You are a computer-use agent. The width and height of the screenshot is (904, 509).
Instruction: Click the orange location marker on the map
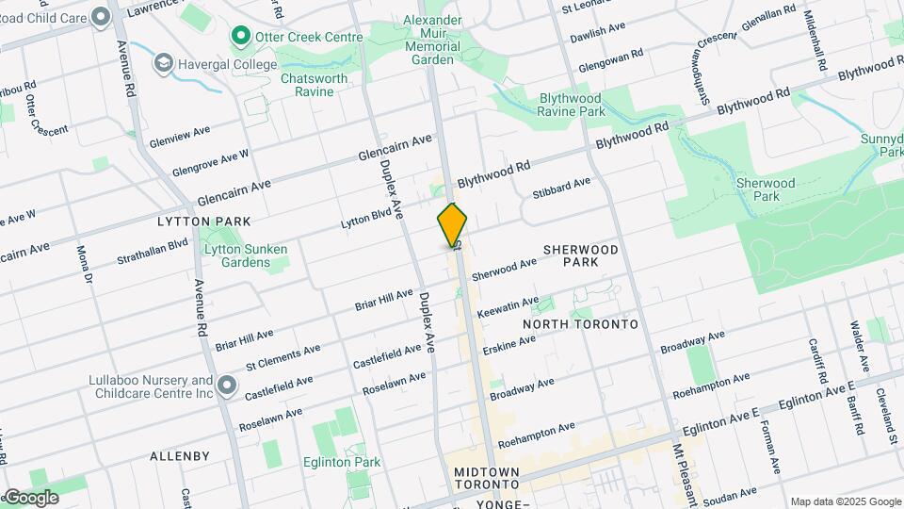pos(453,224)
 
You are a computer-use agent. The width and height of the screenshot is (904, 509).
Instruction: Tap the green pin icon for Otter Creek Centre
pos(240,38)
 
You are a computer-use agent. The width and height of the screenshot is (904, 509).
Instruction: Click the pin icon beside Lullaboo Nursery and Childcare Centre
pos(226,386)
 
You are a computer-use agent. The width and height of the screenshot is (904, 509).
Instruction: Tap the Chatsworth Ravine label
pos(314,85)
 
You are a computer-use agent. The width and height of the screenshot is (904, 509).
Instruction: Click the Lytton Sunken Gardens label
pos(245,255)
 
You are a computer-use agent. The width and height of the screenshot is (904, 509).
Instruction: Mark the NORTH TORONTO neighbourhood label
pos(580,324)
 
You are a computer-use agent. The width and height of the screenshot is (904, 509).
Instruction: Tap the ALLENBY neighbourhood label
pos(180,456)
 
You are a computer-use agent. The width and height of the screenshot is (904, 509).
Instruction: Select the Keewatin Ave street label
pos(508,306)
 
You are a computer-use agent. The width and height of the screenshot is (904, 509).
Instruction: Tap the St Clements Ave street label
pos(282,358)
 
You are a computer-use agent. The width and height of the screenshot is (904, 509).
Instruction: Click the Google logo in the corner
pos(31,498)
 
